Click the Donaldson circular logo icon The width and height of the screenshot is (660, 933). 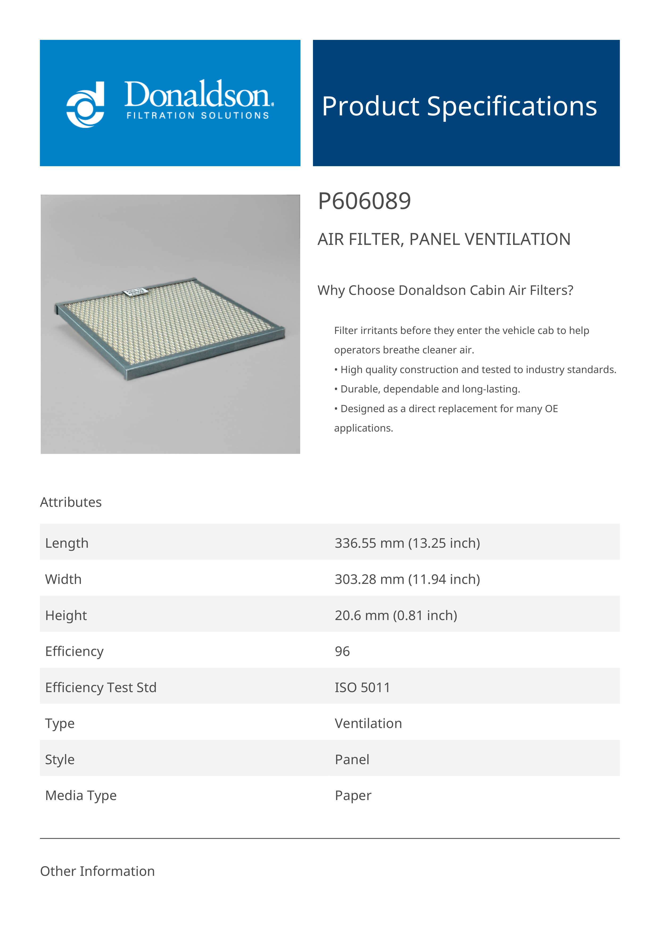pyautogui.click(x=85, y=104)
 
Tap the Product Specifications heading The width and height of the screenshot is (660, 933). pyautogui.click(x=459, y=106)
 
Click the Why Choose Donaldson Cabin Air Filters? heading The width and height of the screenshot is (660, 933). pyautogui.click(x=445, y=290)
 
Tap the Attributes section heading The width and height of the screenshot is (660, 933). pyautogui.click(x=71, y=502)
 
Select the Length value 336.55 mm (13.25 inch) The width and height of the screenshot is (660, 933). pyautogui.click(x=407, y=543)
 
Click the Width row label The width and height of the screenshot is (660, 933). pyautogui.click(x=63, y=579)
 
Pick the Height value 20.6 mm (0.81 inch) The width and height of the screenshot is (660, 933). pyautogui.click(x=396, y=616)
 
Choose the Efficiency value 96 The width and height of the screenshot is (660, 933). pyautogui.click(x=342, y=651)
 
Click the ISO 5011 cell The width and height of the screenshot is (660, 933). pyautogui.click(x=362, y=688)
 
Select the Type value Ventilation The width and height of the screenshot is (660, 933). pyautogui.click(x=368, y=724)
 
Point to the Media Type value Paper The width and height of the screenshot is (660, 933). pyautogui.click(x=353, y=796)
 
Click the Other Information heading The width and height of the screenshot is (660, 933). pyautogui.click(x=97, y=871)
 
